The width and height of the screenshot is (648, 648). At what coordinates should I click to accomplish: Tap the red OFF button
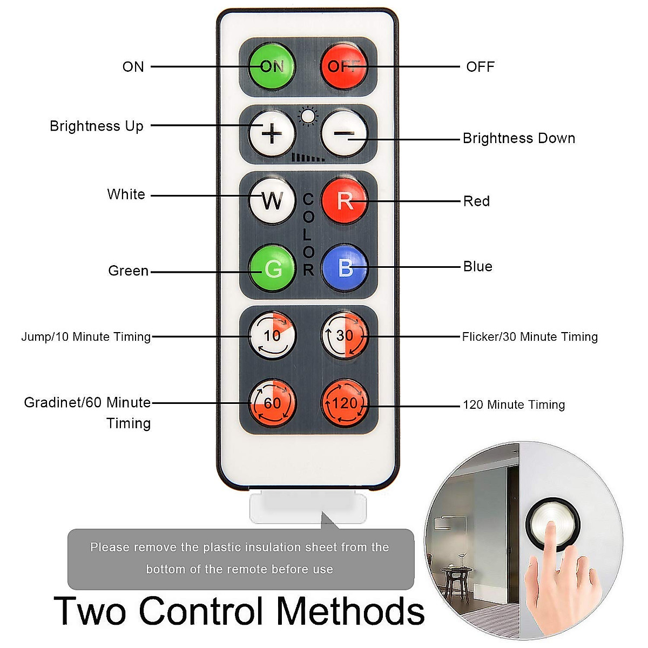click(x=344, y=66)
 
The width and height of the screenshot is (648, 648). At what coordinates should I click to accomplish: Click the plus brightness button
click(x=272, y=133)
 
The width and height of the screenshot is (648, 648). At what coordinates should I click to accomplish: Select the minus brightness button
click(x=344, y=133)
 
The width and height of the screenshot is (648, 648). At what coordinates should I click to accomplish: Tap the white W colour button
click(x=272, y=201)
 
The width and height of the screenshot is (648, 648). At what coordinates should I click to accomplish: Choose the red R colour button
click(x=344, y=201)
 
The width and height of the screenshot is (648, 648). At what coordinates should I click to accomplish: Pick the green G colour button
click(x=272, y=268)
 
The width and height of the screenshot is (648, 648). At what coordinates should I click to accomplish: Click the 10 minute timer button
click(x=272, y=335)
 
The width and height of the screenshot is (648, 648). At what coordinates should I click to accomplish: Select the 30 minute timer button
click(x=344, y=335)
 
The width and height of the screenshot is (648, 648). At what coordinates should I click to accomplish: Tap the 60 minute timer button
click(x=272, y=403)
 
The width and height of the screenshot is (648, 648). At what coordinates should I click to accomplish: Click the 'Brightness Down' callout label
click(x=518, y=138)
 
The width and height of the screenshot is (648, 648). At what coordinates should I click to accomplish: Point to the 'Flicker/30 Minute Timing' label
click(x=529, y=337)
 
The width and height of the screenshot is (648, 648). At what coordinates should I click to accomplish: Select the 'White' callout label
click(x=126, y=194)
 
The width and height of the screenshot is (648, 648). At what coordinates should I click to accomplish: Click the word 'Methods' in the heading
click(x=350, y=611)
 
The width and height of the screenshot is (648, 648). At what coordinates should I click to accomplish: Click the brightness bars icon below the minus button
click(x=308, y=157)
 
